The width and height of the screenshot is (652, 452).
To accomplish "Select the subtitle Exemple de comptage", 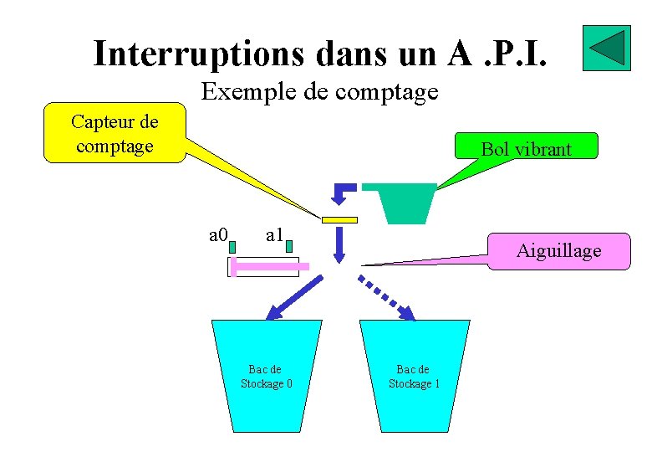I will pyautogui.click(x=320, y=90).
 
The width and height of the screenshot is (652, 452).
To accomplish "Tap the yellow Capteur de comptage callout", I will pyautogui.click(x=115, y=134).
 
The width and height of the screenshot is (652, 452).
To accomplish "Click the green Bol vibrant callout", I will pyautogui.click(x=526, y=149).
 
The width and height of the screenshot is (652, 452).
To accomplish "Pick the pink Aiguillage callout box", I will pyautogui.click(x=558, y=250).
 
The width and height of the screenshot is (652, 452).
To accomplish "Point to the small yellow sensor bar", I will pyautogui.click(x=339, y=220).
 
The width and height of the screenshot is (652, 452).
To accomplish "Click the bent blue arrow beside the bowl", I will pyautogui.click(x=343, y=193).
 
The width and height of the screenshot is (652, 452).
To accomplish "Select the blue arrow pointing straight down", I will pyautogui.click(x=339, y=244).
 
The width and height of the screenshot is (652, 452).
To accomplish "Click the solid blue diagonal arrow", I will pyautogui.click(x=293, y=298).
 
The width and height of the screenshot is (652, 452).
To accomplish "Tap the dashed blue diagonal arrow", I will pyautogui.click(x=387, y=296).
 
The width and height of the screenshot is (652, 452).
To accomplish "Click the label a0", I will pyautogui.click(x=219, y=234).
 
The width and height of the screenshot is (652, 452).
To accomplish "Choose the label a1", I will pyautogui.click(x=276, y=234).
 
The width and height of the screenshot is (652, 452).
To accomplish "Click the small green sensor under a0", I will pyautogui.click(x=232, y=247).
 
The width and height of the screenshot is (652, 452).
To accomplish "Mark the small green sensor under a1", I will pyautogui.click(x=289, y=247).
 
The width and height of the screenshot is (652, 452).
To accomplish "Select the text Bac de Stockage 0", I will pyautogui.click(x=266, y=376).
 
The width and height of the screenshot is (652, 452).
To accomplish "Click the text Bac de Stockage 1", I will pyautogui.click(x=413, y=376).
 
